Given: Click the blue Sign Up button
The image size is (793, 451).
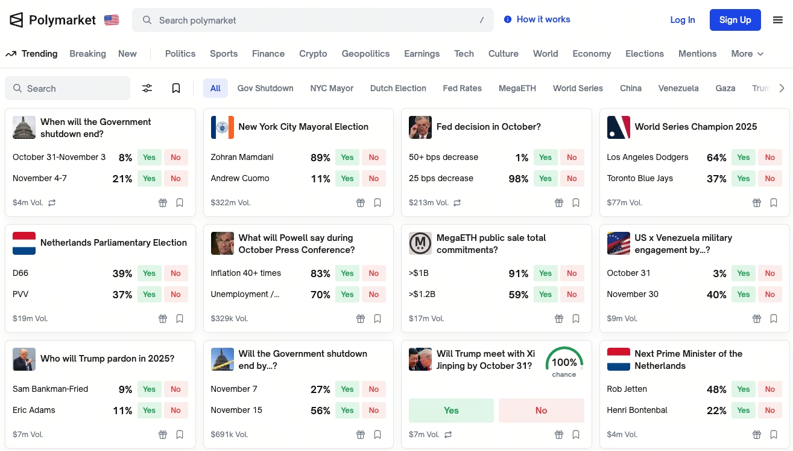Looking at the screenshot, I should [x=735, y=20].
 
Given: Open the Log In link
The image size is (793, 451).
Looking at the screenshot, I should [x=682, y=20].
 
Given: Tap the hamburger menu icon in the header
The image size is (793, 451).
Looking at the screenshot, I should [x=778, y=20].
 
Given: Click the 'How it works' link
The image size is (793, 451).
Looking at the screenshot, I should [x=543, y=19].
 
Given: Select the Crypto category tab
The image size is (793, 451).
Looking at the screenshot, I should [x=313, y=54].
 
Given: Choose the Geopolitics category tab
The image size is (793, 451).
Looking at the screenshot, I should [x=365, y=54].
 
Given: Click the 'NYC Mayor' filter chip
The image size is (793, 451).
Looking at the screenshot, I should [x=332, y=88].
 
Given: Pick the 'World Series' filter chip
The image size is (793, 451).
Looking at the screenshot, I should [x=578, y=88].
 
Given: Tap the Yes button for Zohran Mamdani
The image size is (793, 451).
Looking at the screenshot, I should [x=347, y=158].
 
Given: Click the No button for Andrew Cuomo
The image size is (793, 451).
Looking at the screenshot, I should [x=374, y=179].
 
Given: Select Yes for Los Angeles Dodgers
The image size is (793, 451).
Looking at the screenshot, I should [x=744, y=158].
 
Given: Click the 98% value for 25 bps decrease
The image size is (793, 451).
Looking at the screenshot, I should [x=518, y=179].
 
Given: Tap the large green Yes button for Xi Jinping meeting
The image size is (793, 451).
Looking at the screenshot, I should [x=451, y=411].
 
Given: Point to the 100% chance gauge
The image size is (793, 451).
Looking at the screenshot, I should [x=564, y=362].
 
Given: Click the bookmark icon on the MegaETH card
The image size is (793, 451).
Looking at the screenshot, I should [x=576, y=319].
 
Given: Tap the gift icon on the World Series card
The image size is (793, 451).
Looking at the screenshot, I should [x=757, y=203].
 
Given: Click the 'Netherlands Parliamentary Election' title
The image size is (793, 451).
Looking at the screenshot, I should [x=113, y=243].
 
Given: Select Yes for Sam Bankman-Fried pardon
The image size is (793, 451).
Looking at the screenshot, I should [x=149, y=389].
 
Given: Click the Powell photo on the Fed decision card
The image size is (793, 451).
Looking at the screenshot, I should [x=420, y=127].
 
